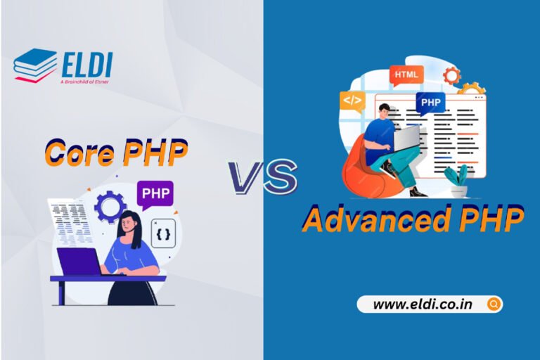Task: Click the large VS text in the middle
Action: click(262, 176)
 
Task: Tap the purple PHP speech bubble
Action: click(157, 193)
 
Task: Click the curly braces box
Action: click(162, 233)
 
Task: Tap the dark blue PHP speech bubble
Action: click(430, 103)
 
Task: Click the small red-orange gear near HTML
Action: click(450, 75)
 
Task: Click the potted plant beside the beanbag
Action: click(458, 181)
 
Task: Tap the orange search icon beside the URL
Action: click(493, 304)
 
